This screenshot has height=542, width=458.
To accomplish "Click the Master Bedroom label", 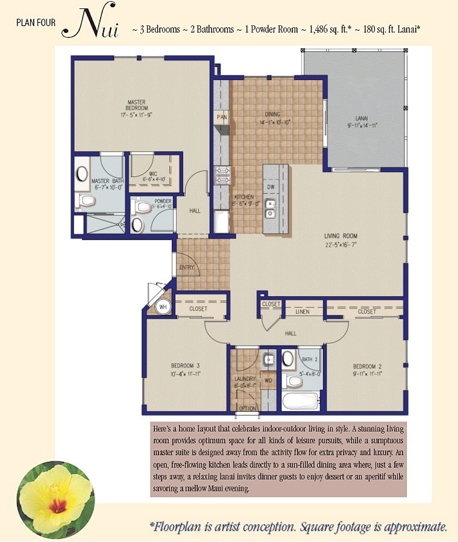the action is pyautogui.click(x=137, y=105).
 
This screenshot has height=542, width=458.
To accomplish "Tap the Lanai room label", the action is pyautogui.click(x=362, y=118).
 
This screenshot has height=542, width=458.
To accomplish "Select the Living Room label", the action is pyautogui.click(x=340, y=236).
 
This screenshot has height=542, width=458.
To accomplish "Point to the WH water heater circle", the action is pyautogui.click(x=163, y=307).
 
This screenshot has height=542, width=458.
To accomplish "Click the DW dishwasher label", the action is pyautogui.click(x=271, y=187).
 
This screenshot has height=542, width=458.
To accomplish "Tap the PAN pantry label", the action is pyautogui.click(x=222, y=117).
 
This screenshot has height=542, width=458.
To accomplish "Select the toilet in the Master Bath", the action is pyautogui.click(x=86, y=201).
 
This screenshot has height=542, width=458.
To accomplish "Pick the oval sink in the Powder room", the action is pyautogui.click(x=137, y=225).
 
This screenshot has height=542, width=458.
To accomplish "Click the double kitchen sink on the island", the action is pyautogui.click(x=271, y=209).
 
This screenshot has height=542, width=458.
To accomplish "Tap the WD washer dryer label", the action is pyautogui.click(x=268, y=380).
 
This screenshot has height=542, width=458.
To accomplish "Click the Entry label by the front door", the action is pyautogui.click(x=186, y=267).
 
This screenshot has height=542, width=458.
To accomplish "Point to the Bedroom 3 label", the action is pyautogui.click(x=185, y=366).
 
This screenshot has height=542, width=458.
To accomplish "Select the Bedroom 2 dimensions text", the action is pyautogui.click(x=367, y=373).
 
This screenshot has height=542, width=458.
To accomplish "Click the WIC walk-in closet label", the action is pyautogui.click(x=153, y=174).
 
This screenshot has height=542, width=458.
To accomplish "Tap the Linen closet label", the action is pyautogui.click(x=303, y=312).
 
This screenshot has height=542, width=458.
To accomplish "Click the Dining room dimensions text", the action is pyautogui.click(x=275, y=122).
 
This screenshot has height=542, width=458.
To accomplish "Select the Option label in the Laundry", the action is pyautogui.click(x=247, y=408).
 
